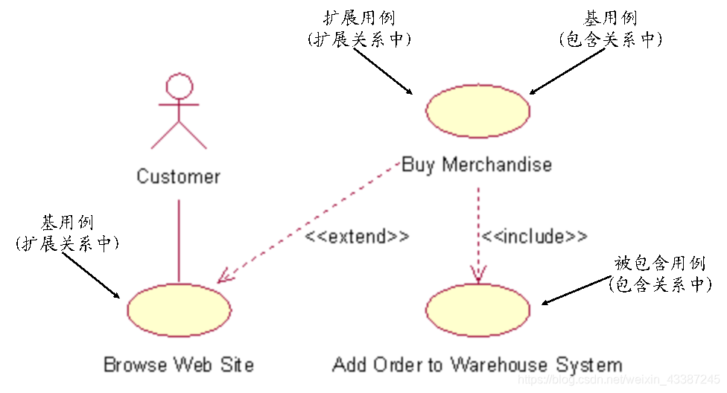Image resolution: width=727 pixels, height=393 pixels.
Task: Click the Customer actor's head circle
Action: point(179,86)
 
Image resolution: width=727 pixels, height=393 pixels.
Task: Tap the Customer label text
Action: point(179,176)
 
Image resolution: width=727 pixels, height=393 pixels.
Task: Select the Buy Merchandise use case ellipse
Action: point(477,110)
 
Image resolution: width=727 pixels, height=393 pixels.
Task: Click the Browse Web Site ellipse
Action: point(179,310)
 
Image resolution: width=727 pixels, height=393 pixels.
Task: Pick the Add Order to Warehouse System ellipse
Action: point(477,310)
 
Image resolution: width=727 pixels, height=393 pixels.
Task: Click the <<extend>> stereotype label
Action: point(358,237)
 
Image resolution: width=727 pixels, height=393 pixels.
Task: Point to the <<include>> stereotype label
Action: point(533,237)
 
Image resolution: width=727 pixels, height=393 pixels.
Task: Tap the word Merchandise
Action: point(497,164)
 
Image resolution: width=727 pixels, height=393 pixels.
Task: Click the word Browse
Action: point(135,365)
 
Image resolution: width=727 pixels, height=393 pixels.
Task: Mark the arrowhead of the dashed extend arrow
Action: point(223,278)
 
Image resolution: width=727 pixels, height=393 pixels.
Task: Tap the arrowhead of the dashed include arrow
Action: point(477,277)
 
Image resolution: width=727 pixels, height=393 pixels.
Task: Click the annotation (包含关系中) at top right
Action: point(610,39)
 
